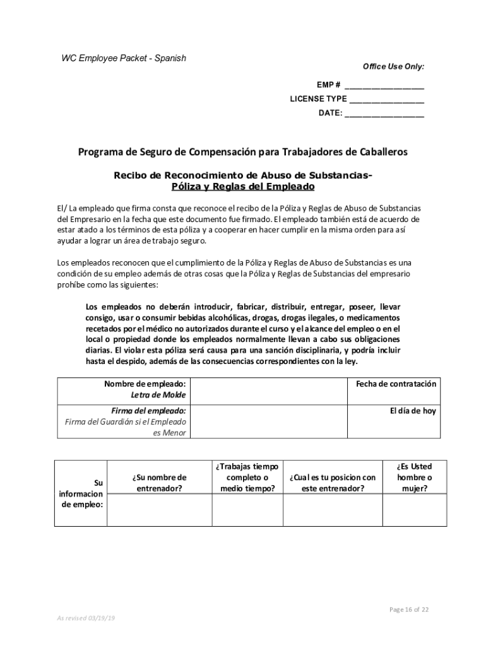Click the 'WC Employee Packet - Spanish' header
coord(123,58)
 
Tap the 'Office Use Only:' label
coord(393,67)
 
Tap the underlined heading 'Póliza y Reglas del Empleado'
coord(243,187)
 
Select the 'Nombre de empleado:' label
coord(145,384)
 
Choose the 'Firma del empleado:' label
coord(148,411)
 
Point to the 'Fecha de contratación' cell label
coord(396,384)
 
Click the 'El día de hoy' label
coord(413,411)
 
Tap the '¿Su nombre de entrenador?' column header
coord(160,483)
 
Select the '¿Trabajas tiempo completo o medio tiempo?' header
coord(246,477)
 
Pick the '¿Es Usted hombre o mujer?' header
coord(415,477)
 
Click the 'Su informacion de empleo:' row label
coord(81,493)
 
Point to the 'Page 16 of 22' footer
coord(409,609)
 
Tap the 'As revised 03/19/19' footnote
coord(86,618)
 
